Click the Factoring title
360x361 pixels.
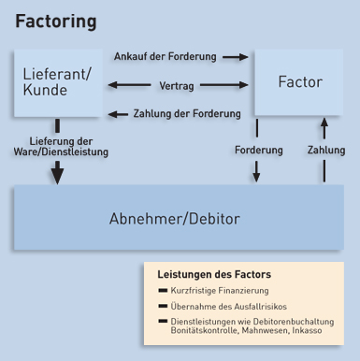pos(55,21)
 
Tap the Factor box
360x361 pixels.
pos(301,83)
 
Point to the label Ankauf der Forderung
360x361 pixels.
pos(165,56)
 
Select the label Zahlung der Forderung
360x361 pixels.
pos(187,113)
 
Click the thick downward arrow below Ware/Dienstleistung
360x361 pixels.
pos(58,172)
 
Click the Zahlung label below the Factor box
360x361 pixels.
pos(325,149)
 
